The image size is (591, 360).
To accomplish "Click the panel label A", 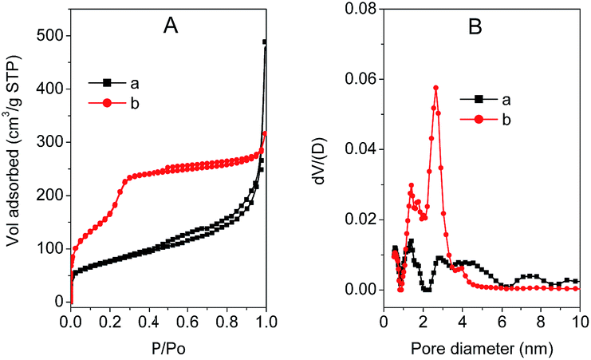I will [170, 27].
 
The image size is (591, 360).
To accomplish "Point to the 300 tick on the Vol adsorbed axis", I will [49, 142].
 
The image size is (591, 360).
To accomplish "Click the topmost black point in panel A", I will [265, 42].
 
